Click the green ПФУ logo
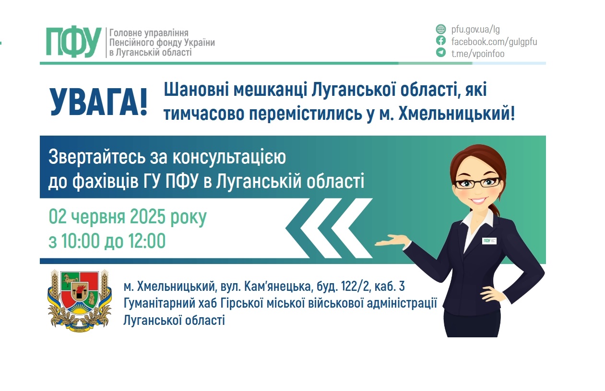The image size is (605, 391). [74, 42]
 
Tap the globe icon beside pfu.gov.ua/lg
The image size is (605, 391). [441, 29]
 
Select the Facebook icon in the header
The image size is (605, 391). [441, 41]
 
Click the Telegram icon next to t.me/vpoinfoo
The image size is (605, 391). [441, 52]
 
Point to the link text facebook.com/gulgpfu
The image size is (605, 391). [494, 42]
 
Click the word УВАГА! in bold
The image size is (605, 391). [98, 103]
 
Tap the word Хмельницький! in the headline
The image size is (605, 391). [457, 114]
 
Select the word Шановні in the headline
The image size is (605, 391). [196, 89]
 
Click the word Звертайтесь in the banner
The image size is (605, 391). [97, 157]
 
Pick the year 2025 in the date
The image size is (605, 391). [147, 216]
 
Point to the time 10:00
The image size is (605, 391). [80, 241]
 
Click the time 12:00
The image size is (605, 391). [146, 241]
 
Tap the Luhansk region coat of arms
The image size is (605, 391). [80, 300]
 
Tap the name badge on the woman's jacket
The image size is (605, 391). [489, 241]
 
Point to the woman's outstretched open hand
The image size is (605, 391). [393, 241]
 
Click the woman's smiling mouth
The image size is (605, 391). [479, 200]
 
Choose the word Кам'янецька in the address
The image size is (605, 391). [277, 287]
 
